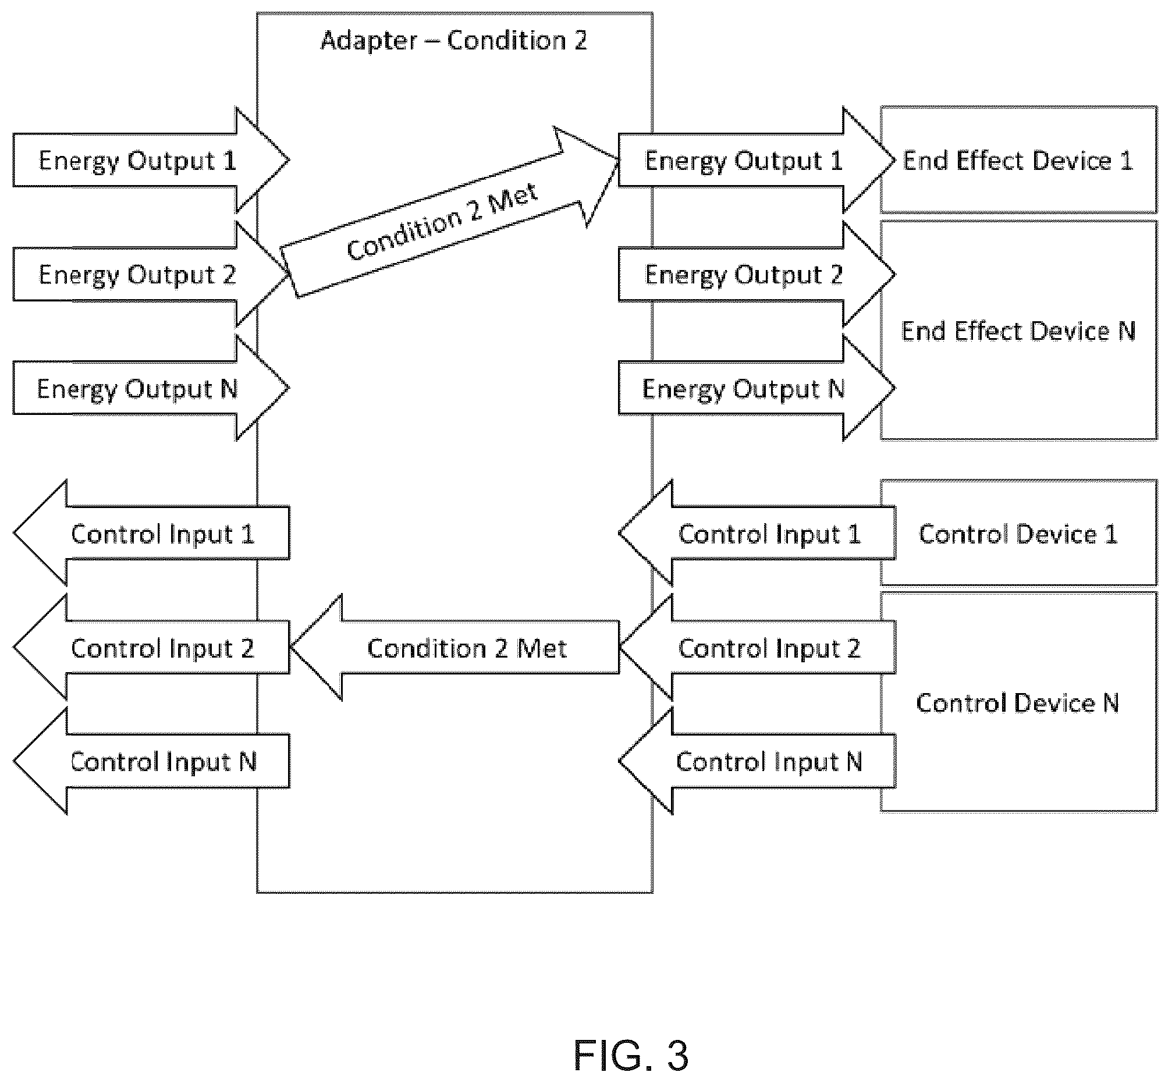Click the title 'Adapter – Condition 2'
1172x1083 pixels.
[453, 40]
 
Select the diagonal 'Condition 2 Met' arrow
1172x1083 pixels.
[450, 212]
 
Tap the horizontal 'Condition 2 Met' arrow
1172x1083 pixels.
[454, 647]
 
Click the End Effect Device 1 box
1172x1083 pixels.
[1018, 159]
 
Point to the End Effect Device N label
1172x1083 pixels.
[1018, 331]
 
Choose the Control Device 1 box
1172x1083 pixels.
[1018, 532]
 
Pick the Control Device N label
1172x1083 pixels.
[1018, 702]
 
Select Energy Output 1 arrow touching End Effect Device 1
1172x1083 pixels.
[757, 159]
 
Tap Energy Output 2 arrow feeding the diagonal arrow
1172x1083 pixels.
[151, 274]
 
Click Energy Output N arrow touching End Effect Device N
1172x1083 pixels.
[757, 388]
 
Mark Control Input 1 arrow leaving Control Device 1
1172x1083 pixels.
[757, 532]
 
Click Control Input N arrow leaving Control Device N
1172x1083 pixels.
[757, 761]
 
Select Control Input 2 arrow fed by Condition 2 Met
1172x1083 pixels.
[151, 647]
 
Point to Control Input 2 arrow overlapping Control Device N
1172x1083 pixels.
[757, 647]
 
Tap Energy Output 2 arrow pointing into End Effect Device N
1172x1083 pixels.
[757, 274]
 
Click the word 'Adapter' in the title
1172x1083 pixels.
[369, 41]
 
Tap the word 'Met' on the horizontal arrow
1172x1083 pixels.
[541, 648]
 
